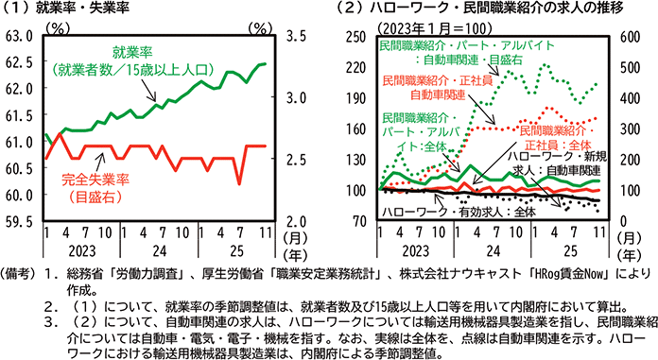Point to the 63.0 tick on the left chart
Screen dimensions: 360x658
[19, 37]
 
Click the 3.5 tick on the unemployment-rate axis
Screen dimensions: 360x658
[299, 37]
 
